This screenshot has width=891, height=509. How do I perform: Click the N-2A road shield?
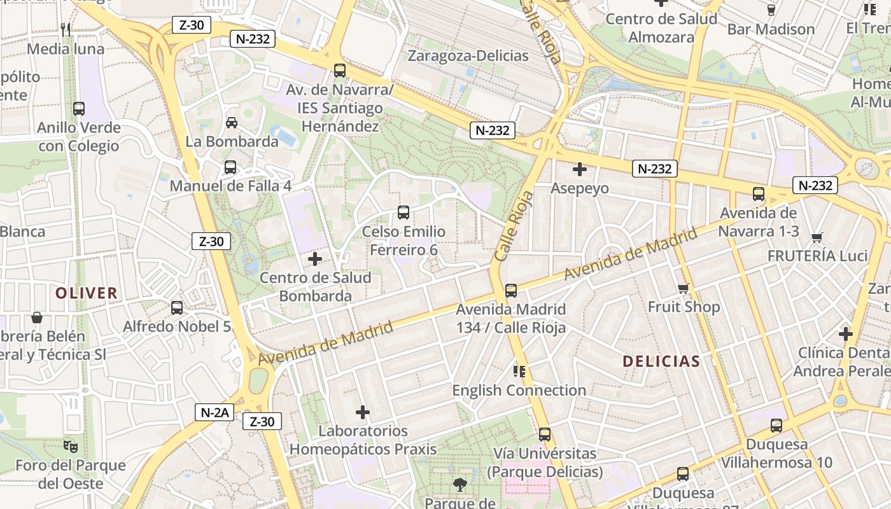click(214, 412)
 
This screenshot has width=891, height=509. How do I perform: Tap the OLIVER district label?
click(87, 293)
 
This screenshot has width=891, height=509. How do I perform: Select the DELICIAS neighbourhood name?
click(661, 361)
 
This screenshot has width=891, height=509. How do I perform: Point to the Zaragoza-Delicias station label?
click(468, 56)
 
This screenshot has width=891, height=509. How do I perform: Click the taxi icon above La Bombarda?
click(232, 122)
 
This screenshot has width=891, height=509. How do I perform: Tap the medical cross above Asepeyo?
click(579, 169)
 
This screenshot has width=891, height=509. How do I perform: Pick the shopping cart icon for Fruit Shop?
click(684, 289)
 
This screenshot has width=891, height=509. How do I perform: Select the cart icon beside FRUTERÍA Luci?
click(817, 238)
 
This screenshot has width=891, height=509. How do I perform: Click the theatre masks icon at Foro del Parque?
click(71, 447)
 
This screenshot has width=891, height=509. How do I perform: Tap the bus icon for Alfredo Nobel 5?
click(177, 308)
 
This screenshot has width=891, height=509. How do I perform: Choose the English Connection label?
click(519, 390)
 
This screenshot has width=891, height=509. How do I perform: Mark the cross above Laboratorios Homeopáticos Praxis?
click(363, 412)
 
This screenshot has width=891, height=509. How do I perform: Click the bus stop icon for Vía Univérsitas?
click(545, 435)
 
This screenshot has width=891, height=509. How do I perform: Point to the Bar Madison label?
click(771, 29)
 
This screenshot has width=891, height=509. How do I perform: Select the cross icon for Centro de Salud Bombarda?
click(314, 259)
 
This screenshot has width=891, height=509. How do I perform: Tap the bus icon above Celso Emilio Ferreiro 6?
click(403, 213)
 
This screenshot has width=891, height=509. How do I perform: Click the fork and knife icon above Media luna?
click(65, 29)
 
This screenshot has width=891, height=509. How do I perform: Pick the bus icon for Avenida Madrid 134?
click(510, 291)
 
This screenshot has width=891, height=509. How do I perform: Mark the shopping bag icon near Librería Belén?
click(37, 317)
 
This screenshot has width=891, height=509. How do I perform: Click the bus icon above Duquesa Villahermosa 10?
click(776, 426)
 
